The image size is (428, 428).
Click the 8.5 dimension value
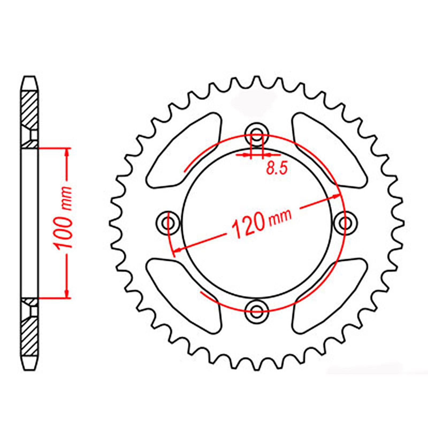277,169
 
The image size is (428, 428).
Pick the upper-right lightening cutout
329,150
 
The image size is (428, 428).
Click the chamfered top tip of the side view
29,80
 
